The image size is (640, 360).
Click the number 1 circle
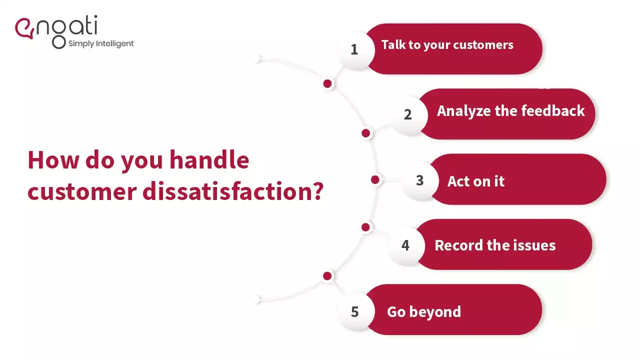[354, 49]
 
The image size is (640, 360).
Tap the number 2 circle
[408, 114]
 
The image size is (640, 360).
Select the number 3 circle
[419, 180]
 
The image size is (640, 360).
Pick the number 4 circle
[405, 245]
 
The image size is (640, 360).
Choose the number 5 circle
[354, 311]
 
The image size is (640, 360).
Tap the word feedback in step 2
[553, 110]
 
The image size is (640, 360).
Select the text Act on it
[475, 181]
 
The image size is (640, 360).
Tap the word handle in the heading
[209, 160]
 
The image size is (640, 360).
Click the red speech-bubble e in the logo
[23, 28]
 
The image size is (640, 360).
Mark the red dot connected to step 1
[327, 84]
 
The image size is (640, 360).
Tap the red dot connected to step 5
[327, 276]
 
